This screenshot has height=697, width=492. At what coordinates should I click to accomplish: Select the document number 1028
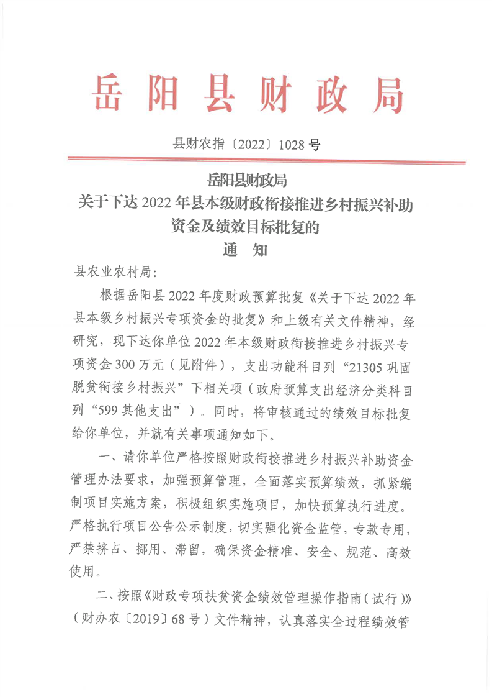pos(292,145)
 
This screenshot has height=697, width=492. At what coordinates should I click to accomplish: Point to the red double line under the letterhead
pos(266,162)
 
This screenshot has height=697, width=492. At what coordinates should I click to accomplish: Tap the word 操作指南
pos(333,597)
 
